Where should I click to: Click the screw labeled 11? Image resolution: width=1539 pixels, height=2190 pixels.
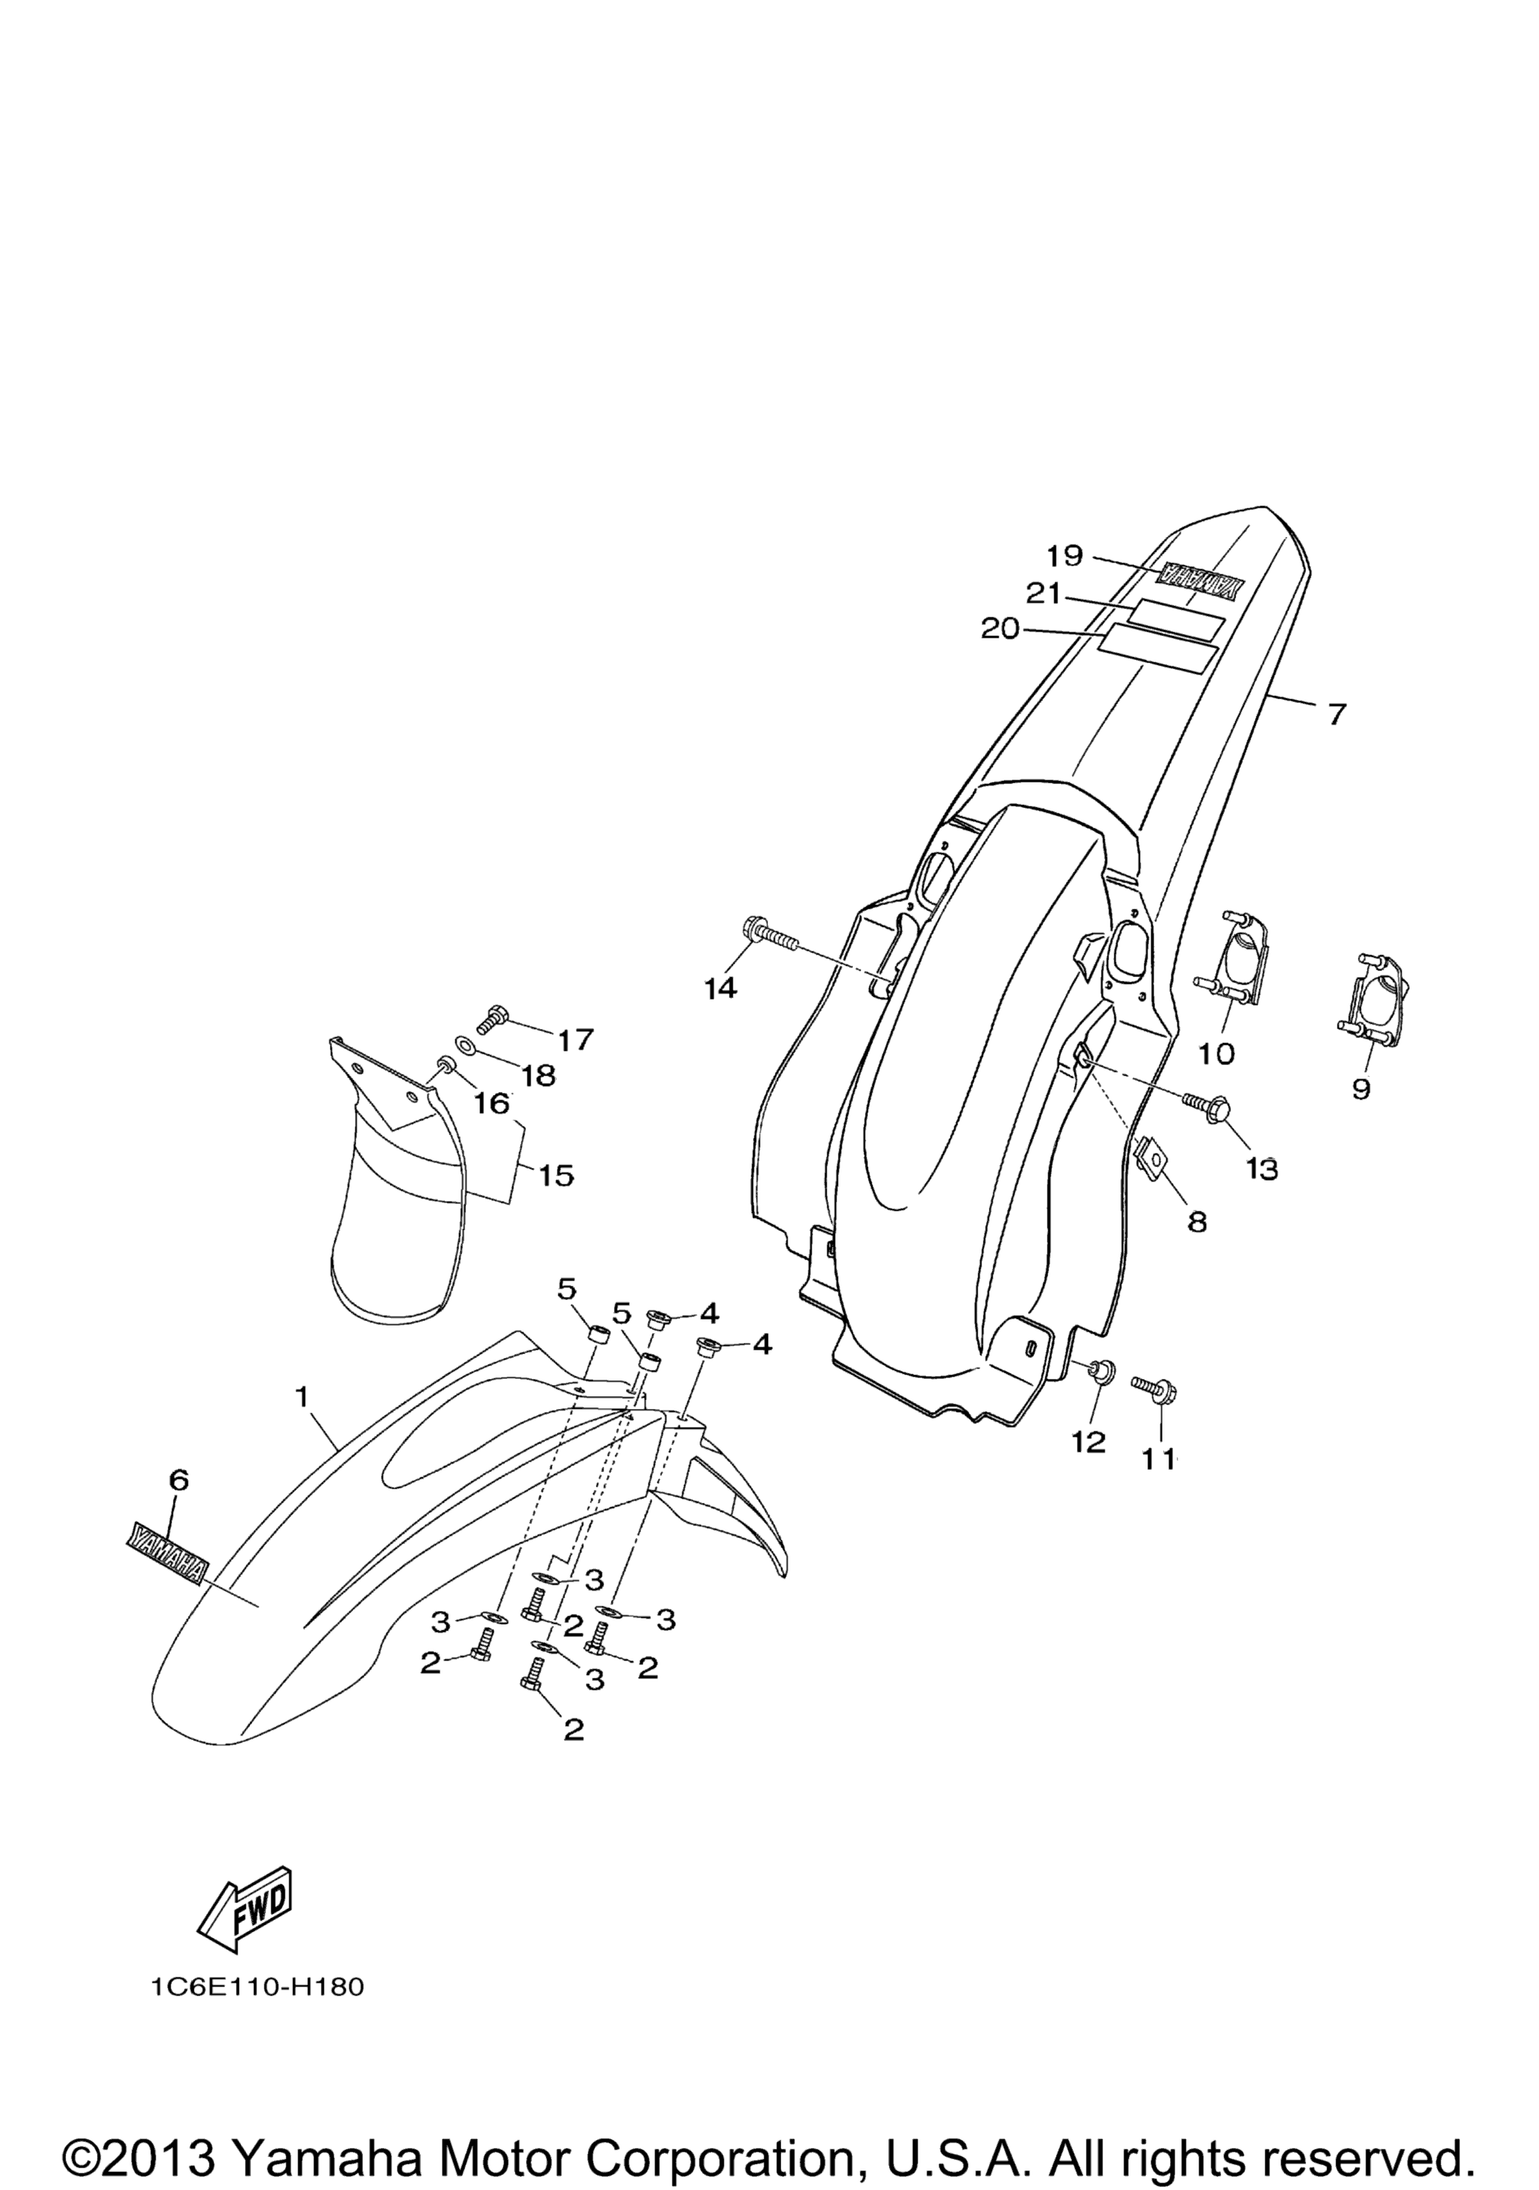[x=1153, y=1388]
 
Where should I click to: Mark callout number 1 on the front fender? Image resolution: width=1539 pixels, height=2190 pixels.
[x=301, y=1398]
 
